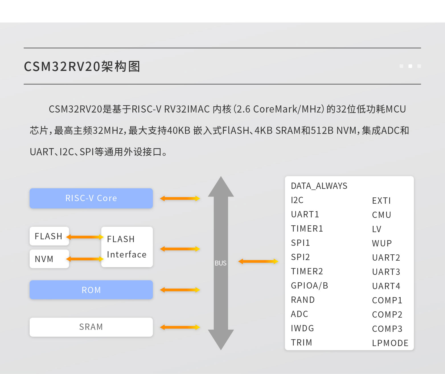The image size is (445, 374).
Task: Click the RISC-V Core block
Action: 91,198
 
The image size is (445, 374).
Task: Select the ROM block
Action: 91,290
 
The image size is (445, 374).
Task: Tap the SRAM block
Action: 91,327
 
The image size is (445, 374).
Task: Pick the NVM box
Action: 49,259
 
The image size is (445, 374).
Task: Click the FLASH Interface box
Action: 127,247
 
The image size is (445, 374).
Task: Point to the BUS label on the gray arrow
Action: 221,263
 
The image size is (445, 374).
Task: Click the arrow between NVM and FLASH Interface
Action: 85,259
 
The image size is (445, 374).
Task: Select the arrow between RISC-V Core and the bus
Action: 180,199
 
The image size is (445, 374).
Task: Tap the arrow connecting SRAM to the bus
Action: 180,327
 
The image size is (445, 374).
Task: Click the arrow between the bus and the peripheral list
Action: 258,261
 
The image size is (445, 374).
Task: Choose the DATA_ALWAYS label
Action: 319,186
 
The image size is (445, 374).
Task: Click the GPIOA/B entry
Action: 309,285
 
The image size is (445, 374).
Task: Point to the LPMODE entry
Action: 390,343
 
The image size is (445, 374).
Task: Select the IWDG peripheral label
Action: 302,328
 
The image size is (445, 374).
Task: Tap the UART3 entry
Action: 386,272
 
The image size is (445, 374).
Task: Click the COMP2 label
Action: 387,314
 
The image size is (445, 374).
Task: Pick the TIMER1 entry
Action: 307,228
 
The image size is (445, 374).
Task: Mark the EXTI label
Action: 381,201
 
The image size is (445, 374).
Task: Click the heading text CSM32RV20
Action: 62,67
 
